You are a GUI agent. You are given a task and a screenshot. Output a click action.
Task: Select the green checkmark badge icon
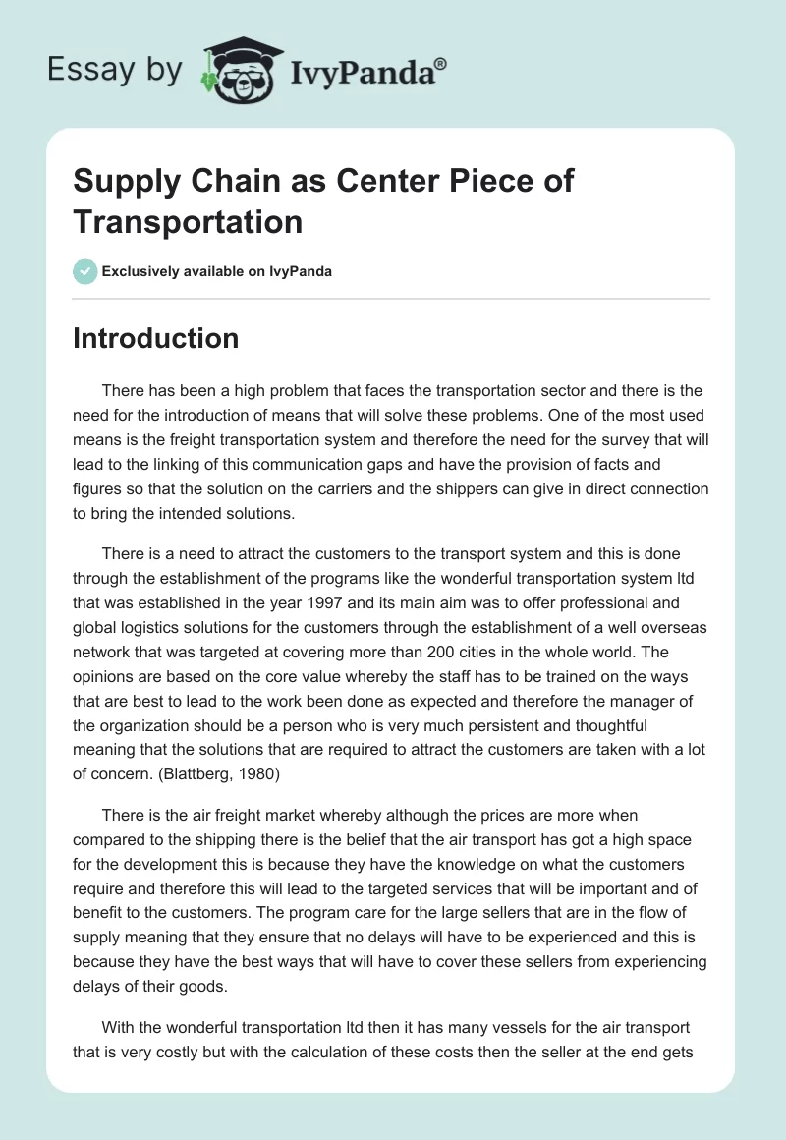tap(85, 271)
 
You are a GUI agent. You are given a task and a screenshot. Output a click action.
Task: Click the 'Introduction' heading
tap(155, 338)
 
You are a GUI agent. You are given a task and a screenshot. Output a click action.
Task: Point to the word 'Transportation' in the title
tap(188, 221)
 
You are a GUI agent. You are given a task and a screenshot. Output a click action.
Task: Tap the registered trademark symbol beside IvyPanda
tap(441, 63)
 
